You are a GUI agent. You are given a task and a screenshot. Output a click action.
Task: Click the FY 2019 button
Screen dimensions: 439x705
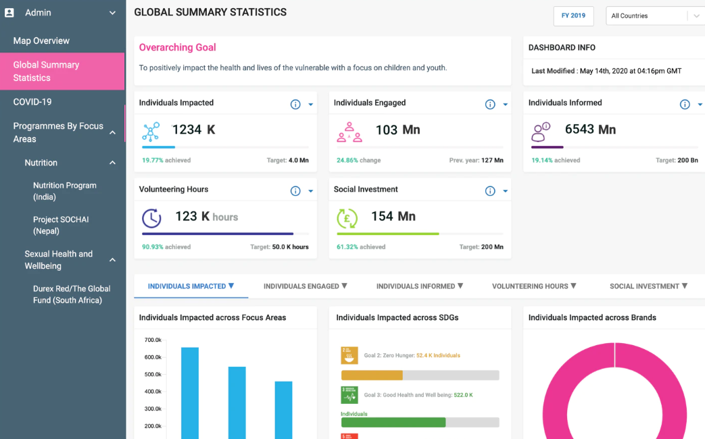coord(573,16)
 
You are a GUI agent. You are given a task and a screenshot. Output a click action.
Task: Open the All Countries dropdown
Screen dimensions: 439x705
coord(654,16)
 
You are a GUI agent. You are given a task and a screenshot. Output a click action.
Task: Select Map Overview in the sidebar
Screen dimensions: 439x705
coord(41,41)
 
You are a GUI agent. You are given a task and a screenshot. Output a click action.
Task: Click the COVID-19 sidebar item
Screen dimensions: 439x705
coord(32,102)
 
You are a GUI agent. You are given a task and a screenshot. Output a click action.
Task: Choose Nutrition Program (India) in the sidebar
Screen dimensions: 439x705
coord(65,191)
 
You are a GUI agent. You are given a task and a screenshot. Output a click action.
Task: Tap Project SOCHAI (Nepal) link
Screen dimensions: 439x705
coord(61,225)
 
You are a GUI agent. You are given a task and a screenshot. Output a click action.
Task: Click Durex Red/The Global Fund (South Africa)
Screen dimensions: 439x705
coord(72,294)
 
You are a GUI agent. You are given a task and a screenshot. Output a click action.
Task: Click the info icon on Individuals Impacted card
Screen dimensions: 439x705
coord(295,104)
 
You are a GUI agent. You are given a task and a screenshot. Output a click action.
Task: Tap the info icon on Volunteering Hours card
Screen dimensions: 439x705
coord(295,191)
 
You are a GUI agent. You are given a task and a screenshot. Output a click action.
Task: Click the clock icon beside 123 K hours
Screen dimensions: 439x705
coord(151,218)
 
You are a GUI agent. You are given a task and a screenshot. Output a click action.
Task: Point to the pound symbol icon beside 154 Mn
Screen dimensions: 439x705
coord(347,218)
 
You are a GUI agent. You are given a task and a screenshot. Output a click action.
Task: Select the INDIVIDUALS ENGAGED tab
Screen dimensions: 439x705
coord(305,286)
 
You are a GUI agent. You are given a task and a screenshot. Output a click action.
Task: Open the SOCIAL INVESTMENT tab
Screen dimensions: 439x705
coord(648,286)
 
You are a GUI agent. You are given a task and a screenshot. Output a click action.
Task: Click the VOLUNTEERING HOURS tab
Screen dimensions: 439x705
coord(534,286)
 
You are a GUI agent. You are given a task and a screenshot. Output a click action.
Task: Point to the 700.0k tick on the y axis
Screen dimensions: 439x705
coord(153,340)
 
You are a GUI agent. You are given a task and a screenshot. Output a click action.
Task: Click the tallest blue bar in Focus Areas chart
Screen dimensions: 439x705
coord(190,392)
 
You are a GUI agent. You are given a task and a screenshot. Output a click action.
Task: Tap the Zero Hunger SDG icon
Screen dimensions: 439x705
coord(349,356)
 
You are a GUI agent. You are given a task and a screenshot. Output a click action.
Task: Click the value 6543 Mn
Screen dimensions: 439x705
coord(590,130)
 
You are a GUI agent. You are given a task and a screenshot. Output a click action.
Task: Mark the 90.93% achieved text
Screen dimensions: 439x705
coord(166,247)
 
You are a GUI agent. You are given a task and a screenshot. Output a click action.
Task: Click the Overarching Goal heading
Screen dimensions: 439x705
coord(178,47)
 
